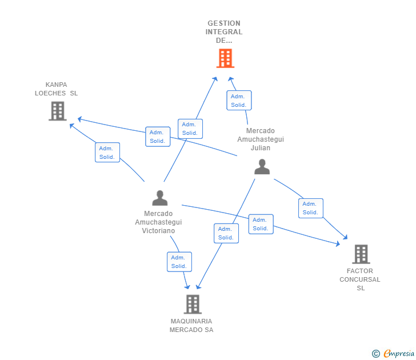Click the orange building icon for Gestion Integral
(x=225, y=58)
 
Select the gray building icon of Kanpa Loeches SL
(x=58, y=111)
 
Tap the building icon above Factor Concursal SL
(x=361, y=254)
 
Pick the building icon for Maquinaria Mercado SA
(x=193, y=304)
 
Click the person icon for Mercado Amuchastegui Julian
(x=262, y=167)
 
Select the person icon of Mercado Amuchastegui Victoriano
(x=160, y=198)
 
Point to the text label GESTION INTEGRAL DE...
(x=224, y=32)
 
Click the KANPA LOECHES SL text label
(x=56, y=89)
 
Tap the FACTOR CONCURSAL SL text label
(x=360, y=279)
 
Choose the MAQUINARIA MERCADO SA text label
(x=191, y=326)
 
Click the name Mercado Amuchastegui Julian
(x=261, y=139)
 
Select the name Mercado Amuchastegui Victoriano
(x=158, y=222)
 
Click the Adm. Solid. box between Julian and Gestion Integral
(x=239, y=100)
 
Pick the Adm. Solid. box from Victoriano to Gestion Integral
(x=190, y=129)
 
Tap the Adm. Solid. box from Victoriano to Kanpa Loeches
(x=107, y=152)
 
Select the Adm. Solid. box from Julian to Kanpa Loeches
(x=158, y=137)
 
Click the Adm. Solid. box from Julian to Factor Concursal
(x=311, y=208)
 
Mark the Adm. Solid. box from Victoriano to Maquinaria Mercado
(x=179, y=262)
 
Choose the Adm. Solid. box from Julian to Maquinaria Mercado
(x=226, y=233)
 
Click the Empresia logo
(x=393, y=353)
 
